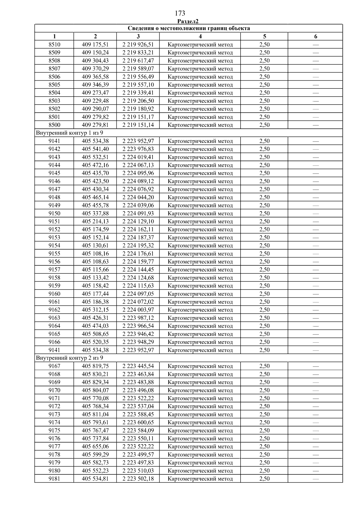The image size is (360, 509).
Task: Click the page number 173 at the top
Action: (180, 13)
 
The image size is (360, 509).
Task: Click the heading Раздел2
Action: (188, 21)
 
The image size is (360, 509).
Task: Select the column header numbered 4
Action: (200, 37)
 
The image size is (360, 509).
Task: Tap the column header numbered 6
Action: (316, 37)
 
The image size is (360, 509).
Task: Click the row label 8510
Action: (54, 45)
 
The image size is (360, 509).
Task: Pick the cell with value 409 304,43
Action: (95, 61)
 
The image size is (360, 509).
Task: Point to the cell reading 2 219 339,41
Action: (138, 93)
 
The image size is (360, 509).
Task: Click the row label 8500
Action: (54, 125)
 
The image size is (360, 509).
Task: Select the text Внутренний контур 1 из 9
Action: (69, 133)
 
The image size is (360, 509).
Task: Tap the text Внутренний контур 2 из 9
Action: (69, 358)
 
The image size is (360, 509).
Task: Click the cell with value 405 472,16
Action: (95, 165)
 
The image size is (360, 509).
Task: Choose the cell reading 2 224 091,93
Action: (138, 213)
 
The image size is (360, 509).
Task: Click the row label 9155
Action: (54, 254)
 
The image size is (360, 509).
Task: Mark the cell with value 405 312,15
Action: (95, 310)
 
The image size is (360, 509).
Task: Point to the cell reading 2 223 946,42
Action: (138, 334)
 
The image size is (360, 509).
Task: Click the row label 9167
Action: (54, 366)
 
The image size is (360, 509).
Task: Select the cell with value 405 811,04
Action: (95, 414)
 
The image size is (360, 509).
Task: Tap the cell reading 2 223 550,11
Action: (138, 439)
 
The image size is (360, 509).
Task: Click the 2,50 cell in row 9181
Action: (264, 479)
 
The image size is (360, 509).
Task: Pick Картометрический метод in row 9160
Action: (200, 294)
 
